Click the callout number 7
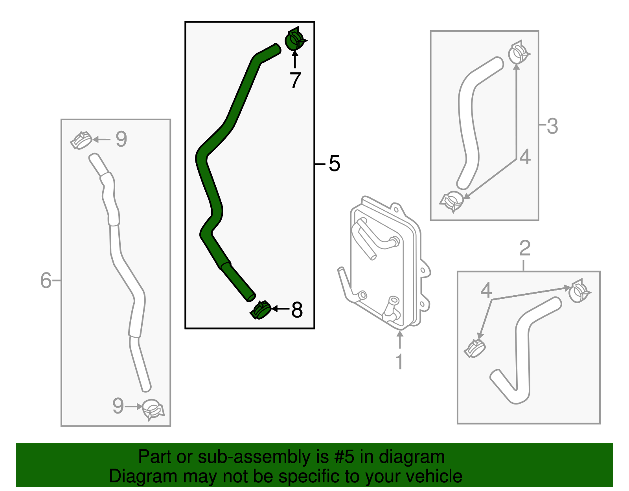coord(295,80)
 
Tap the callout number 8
coord(297,310)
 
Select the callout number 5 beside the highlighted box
coord(334,164)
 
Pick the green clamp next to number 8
coord(261,310)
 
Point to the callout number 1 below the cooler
coord(399,362)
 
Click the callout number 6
coord(46,280)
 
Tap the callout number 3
coord(552,126)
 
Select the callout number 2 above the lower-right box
coord(525,248)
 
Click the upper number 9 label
coord(121,139)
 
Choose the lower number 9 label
coord(118,406)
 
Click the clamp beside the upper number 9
coord(81,140)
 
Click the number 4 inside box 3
coord(525,157)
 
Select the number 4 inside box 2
coord(486,290)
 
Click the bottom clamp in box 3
coord(452,201)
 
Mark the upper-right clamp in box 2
coord(579,291)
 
